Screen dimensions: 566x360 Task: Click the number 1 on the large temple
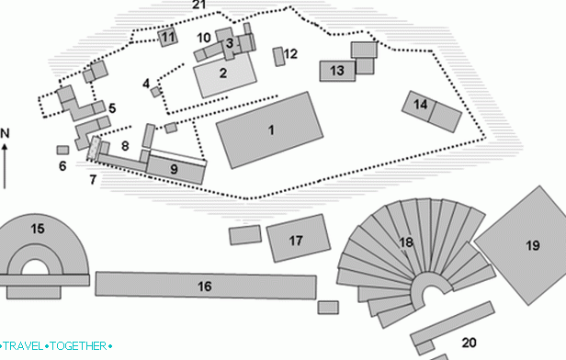(x=271, y=130)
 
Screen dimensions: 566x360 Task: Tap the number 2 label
(x=222, y=72)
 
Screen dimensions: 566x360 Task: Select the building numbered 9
(x=174, y=168)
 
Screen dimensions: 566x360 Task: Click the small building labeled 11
(x=167, y=38)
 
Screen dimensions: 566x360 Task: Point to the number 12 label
(x=291, y=54)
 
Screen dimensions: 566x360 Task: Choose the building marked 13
(x=337, y=70)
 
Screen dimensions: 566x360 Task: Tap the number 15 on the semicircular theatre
(x=37, y=228)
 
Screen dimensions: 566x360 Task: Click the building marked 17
(x=296, y=241)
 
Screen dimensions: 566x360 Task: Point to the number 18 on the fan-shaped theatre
(x=406, y=242)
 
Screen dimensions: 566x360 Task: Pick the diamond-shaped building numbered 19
(x=532, y=244)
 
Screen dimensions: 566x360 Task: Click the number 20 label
(x=470, y=343)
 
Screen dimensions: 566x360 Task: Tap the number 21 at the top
(x=199, y=5)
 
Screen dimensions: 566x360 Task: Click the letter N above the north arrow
(x=5, y=133)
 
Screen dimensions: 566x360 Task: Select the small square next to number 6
(x=62, y=150)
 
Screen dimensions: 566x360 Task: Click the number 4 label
(x=146, y=84)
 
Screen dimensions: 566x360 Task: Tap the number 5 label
(x=111, y=108)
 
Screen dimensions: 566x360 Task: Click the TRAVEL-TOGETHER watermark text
(x=57, y=346)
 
